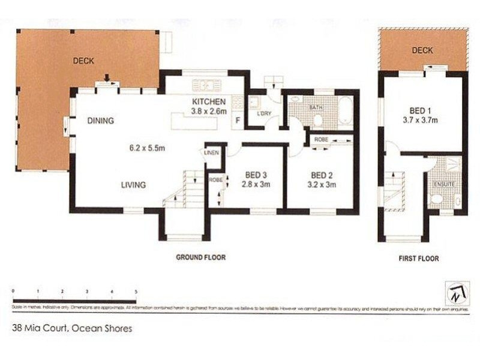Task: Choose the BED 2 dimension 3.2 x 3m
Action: point(323,185)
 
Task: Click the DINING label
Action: point(100,121)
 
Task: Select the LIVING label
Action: point(133,185)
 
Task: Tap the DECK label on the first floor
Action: point(422,51)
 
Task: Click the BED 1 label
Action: point(420,110)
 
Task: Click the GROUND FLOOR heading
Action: point(200,257)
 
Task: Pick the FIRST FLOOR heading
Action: point(419,259)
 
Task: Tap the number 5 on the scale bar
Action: point(136,291)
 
